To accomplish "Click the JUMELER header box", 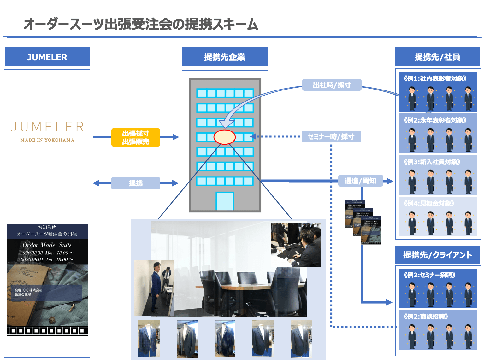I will click(47, 57).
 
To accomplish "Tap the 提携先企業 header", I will click(224, 57).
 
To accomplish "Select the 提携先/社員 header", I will click(437, 57).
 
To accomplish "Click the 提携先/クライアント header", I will click(437, 255).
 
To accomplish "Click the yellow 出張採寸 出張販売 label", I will click(136, 137).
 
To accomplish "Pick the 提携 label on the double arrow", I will click(136, 183).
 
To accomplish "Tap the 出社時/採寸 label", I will click(332, 85).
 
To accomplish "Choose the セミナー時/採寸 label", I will click(331, 136).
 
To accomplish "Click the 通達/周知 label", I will click(360, 181).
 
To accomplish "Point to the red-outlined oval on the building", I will click(224, 137).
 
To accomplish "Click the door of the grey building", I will click(225, 201).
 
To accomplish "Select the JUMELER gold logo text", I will click(47, 127).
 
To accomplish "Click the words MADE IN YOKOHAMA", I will click(47, 140).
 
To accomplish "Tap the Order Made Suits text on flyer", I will click(47, 245).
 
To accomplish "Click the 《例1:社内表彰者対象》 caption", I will click(435, 78).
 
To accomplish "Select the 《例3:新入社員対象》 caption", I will click(432, 162).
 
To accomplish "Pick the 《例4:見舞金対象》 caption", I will click(429, 203).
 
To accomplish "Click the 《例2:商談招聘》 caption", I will click(426, 316).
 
